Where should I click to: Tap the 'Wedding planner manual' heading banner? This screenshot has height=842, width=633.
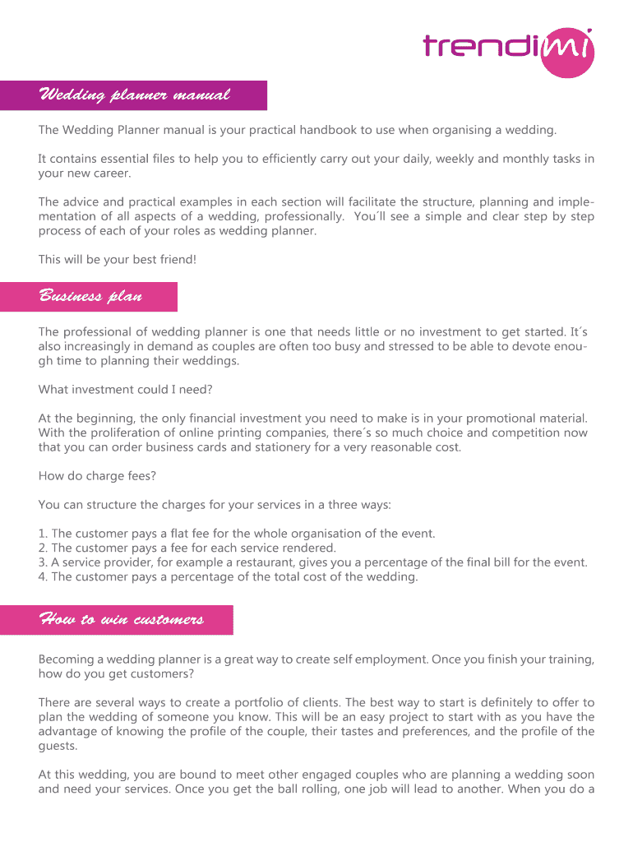click(x=133, y=95)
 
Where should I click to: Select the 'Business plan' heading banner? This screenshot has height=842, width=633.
click(x=90, y=296)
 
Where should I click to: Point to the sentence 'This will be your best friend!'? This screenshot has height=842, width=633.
click(x=118, y=260)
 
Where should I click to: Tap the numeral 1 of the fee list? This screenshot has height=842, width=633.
click(x=42, y=534)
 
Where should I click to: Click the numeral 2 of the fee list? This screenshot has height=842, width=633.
click(x=42, y=548)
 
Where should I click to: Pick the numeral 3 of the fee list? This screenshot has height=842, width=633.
click(x=42, y=562)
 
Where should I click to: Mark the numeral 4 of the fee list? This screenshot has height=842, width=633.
click(x=42, y=577)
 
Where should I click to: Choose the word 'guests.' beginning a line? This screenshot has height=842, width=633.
click(x=58, y=746)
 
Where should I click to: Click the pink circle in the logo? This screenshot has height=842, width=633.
click(x=567, y=51)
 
